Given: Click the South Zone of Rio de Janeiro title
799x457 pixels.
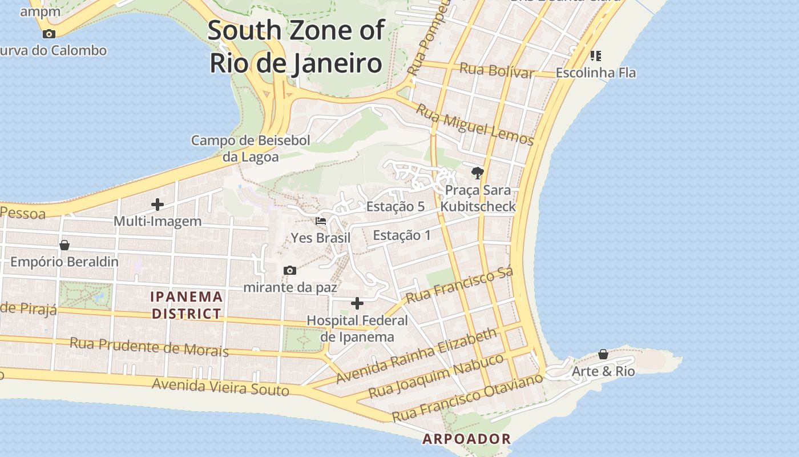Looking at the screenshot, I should (296, 46).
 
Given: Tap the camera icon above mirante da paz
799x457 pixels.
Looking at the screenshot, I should (290, 270).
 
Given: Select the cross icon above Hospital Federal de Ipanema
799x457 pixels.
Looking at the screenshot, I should (357, 303).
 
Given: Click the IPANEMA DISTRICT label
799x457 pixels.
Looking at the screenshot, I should (187, 305).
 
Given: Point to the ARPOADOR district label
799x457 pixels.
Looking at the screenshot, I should (466, 439).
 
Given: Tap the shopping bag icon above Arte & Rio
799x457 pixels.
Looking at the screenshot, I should (603, 355).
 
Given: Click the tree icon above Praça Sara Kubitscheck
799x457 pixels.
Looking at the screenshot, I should (477, 173).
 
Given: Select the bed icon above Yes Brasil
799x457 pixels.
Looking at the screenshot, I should (321, 221).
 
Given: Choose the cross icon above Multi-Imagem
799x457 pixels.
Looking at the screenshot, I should (158, 204).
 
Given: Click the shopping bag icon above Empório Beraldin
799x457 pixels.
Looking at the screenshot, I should (64, 245).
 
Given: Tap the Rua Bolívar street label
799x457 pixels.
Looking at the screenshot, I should (497, 71).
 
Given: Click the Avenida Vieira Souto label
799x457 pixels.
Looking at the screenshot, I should (220, 387).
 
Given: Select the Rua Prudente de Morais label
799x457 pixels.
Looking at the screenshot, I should (149, 346).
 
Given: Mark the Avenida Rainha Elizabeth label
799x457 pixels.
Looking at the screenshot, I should (417, 355).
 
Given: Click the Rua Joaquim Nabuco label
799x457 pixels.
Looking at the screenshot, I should (437, 375).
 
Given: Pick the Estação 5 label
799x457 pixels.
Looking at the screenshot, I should (396, 207).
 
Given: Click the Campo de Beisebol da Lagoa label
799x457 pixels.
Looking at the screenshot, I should (251, 149).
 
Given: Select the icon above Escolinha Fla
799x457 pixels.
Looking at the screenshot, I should (595, 56).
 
